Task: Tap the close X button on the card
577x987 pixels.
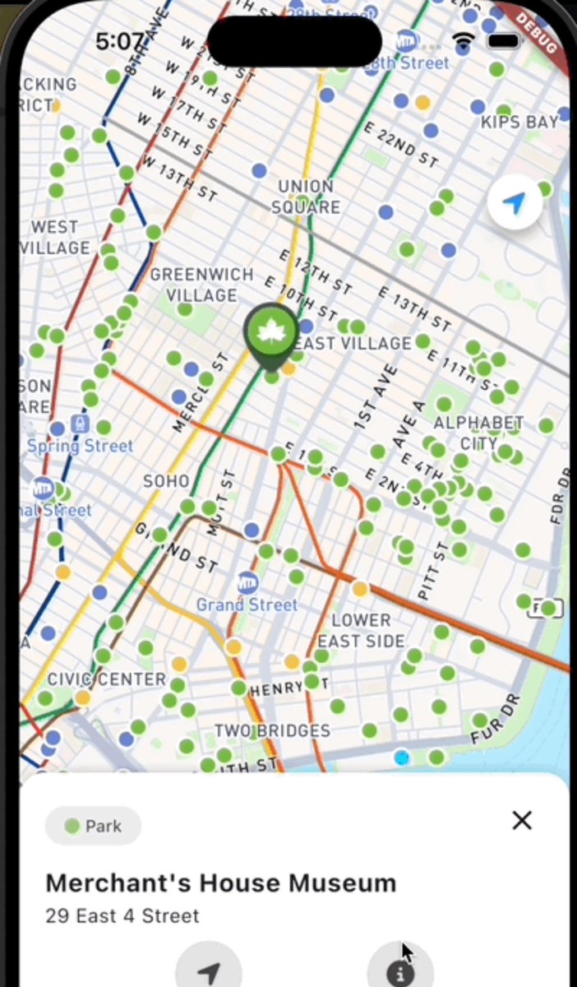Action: point(522,820)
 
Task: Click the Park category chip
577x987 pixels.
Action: point(93,826)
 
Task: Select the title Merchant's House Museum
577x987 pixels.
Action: point(220,883)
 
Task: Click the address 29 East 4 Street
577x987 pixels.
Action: point(122,915)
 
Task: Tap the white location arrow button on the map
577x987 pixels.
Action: point(515,202)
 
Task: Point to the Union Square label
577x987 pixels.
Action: point(306,197)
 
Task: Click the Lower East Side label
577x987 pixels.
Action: point(362,630)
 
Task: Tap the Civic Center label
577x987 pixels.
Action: point(107,679)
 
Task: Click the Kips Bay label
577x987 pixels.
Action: point(519,123)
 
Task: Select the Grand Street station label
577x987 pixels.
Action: point(247,605)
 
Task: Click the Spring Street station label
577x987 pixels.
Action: point(80,446)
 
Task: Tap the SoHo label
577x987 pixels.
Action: point(166,480)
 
